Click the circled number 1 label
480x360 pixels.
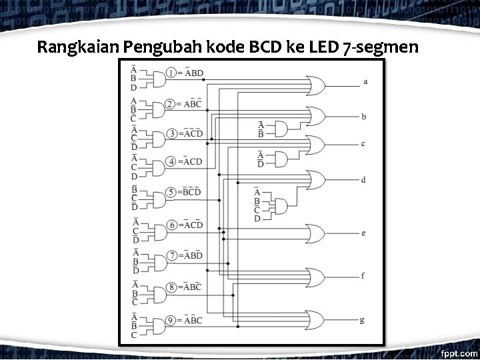point(171,73)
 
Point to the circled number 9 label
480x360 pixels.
point(171,321)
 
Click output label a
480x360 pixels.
point(365,82)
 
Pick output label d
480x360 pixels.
point(363,180)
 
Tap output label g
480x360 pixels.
point(362,320)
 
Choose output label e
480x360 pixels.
point(363,233)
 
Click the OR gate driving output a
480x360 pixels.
point(314,85)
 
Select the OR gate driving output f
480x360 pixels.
point(314,276)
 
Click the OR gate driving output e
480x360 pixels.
point(314,233)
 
